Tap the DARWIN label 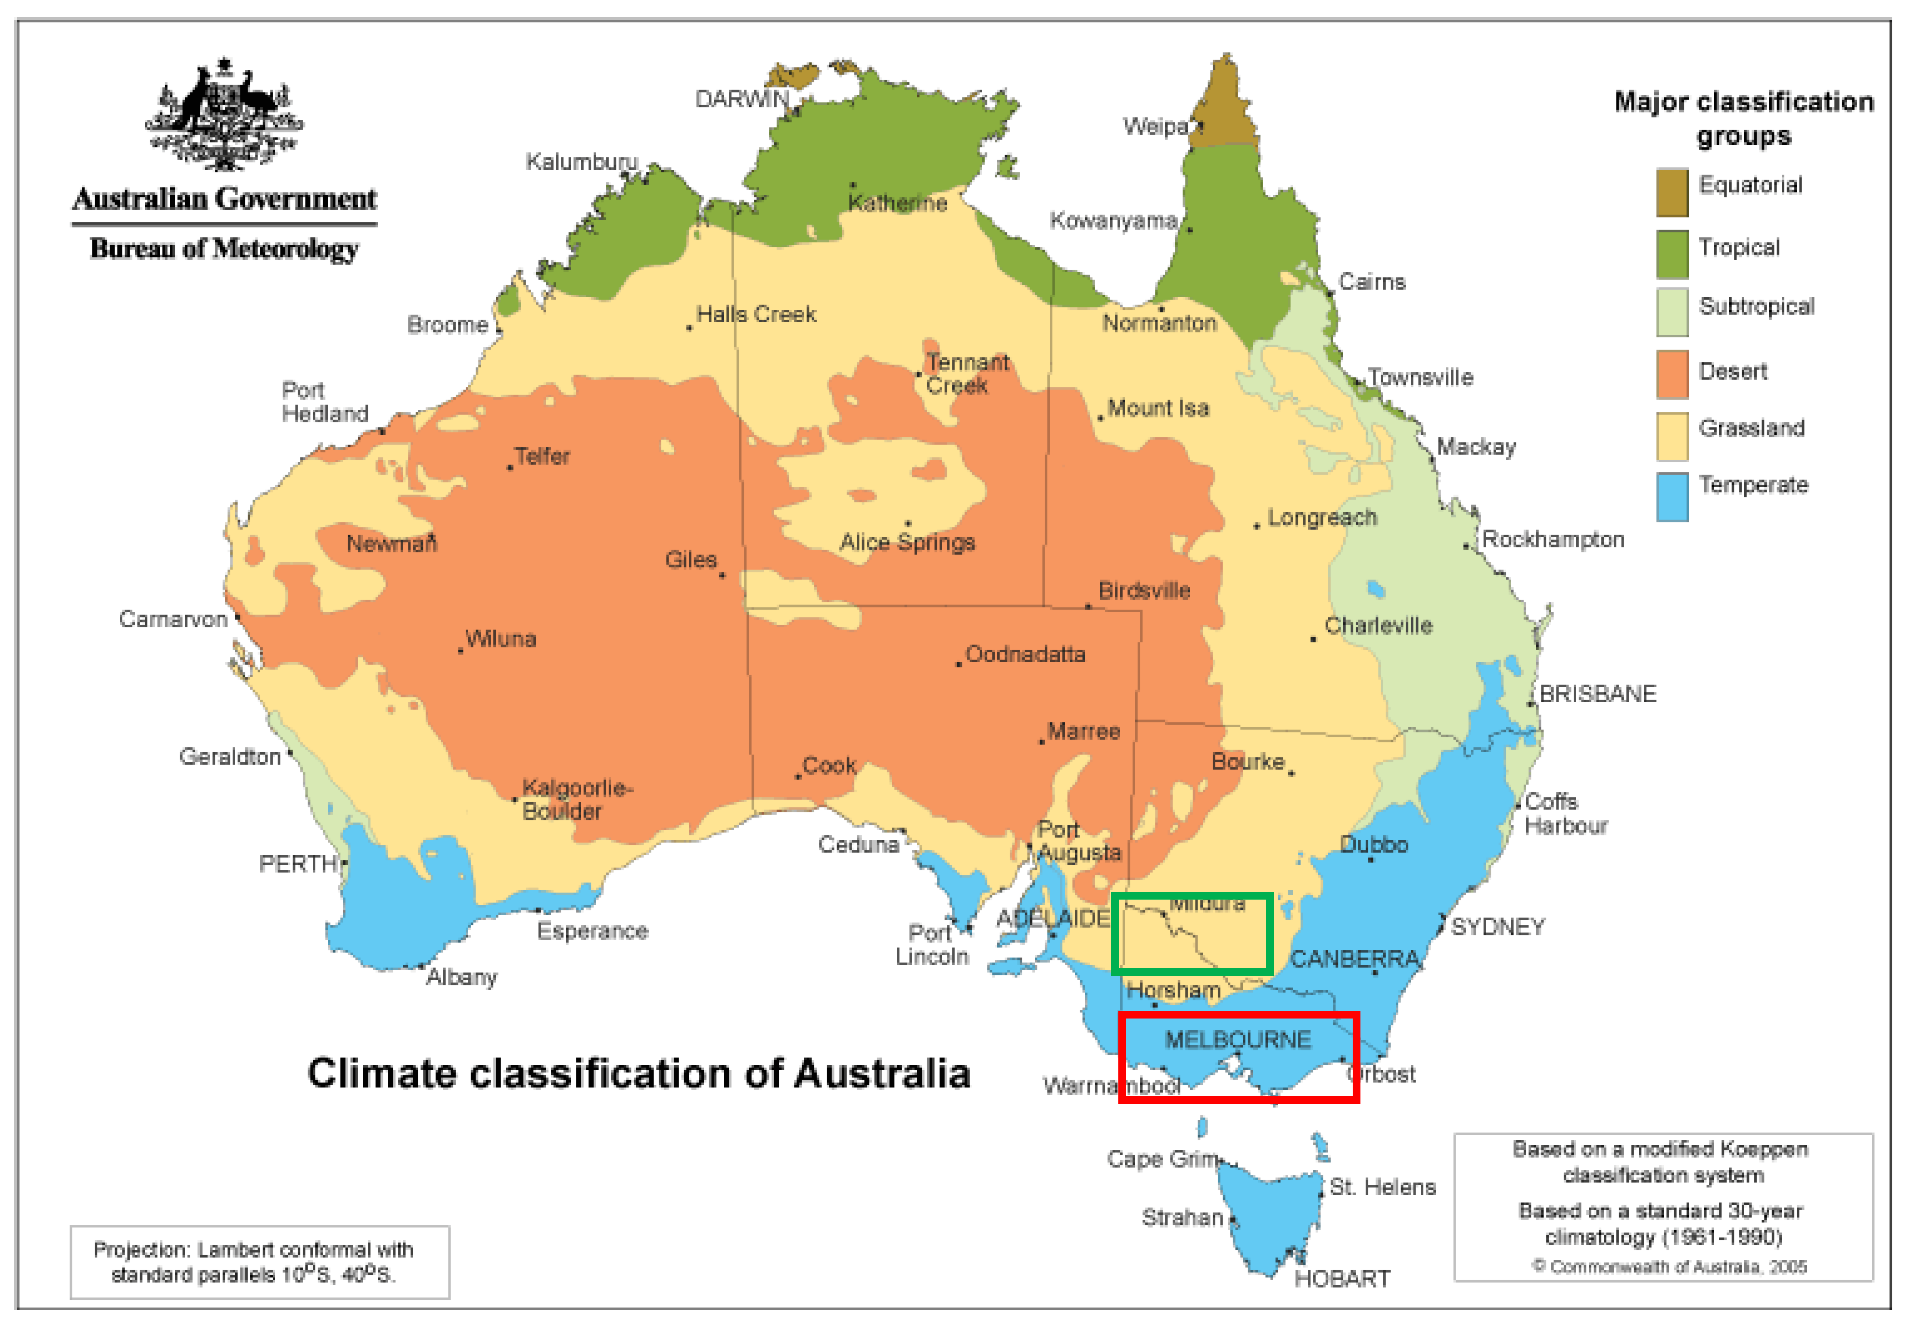click(741, 99)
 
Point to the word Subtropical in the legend click(1755, 306)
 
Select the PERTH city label click(298, 864)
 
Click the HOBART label click(1341, 1278)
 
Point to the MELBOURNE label click(1238, 1039)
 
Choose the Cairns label click(1372, 282)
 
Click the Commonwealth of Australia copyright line click(1669, 1266)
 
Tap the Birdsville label click(1144, 590)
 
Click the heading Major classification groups click(1743, 118)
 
